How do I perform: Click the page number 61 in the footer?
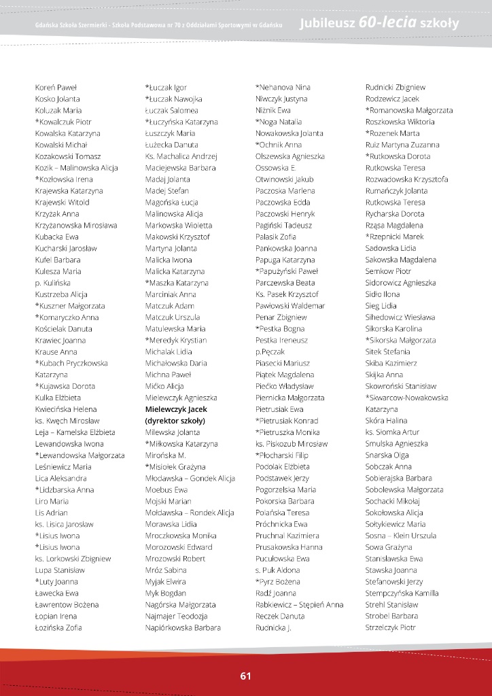click(x=245, y=676)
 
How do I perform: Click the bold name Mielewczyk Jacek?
click(x=176, y=409)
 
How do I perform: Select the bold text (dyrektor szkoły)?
click(x=175, y=421)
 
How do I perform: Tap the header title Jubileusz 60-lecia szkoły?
click(x=379, y=24)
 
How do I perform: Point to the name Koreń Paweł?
click(x=56, y=87)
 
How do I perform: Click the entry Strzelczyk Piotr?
click(x=390, y=627)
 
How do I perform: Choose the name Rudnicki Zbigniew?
click(x=396, y=87)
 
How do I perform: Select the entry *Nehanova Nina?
click(x=283, y=87)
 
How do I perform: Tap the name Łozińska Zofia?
click(x=58, y=627)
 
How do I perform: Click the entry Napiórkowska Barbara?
click(x=183, y=627)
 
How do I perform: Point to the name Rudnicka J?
click(x=273, y=627)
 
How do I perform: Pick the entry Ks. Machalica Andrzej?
click(x=181, y=156)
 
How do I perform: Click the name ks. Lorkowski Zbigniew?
click(x=73, y=559)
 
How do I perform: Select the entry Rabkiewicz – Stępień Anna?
click(x=300, y=604)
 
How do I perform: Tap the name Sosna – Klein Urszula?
click(x=401, y=536)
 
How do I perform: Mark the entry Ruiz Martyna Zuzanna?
click(x=402, y=145)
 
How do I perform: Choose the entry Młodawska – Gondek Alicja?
click(x=190, y=478)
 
